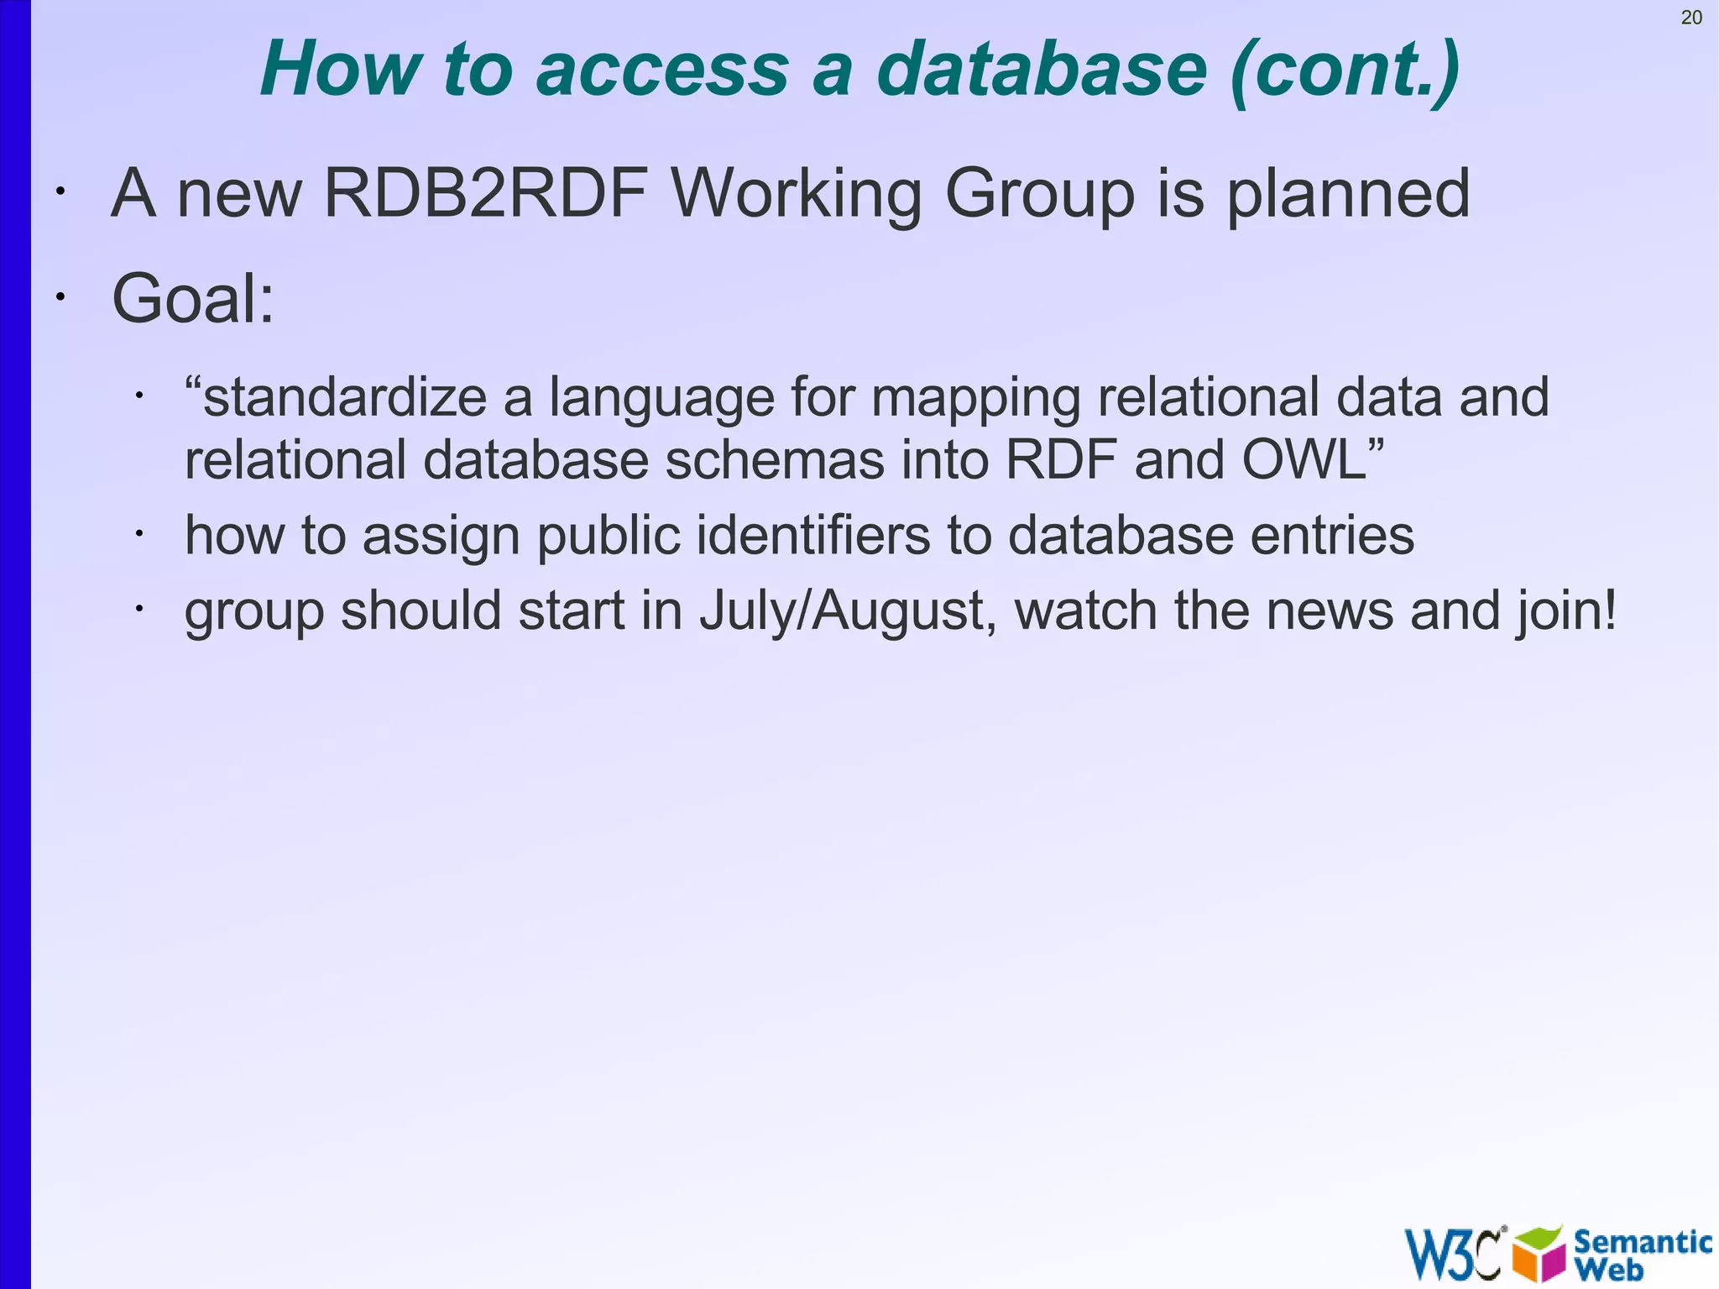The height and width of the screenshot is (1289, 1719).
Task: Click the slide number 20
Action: [1691, 18]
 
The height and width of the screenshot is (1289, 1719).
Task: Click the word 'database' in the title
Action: [1042, 69]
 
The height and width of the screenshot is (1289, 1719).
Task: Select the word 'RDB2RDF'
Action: [486, 193]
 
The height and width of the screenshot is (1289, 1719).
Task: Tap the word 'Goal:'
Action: [193, 298]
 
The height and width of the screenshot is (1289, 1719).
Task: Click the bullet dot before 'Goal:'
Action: [60, 296]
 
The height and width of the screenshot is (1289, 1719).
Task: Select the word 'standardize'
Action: [344, 397]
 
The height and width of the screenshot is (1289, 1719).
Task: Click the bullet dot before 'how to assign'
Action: [140, 533]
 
